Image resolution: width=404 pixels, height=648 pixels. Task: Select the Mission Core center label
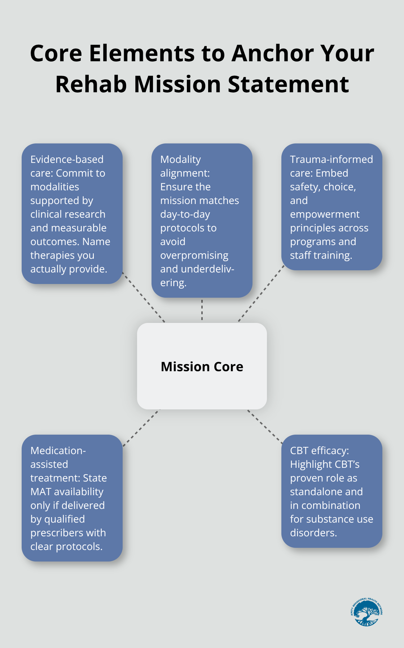[202, 367]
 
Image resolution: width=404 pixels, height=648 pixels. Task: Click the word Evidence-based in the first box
[67, 159]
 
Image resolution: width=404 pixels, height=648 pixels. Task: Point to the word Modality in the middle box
[180, 159]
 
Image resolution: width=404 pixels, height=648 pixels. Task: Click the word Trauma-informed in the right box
[331, 159]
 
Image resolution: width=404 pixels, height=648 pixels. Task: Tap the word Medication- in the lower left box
[58, 451]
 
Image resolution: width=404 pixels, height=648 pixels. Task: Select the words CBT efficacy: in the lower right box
[319, 451]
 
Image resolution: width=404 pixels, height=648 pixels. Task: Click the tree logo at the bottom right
[366, 613]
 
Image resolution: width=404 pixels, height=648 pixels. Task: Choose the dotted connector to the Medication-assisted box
[141, 428]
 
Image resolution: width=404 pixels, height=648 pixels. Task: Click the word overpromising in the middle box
[194, 255]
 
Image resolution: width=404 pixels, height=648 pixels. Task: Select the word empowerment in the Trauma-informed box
[325, 214]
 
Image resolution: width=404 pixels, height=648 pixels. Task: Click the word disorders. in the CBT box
[313, 533]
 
